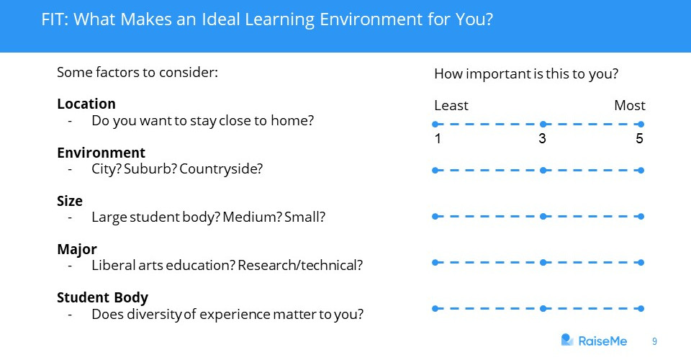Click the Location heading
click(x=86, y=104)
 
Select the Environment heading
click(x=101, y=153)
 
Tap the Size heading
click(x=70, y=202)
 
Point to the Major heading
click(x=77, y=250)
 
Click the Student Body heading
click(x=102, y=298)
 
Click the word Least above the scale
click(x=451, y=106)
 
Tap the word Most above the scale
click(x=630, y=106)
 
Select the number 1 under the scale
click(x=438, y=139)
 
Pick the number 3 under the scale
click(x=543, y=139)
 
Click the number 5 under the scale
click(x=639, y=139)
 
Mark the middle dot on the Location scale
click(x=543, y=125)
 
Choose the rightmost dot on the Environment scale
click(x=641, y=171)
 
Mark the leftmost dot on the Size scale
click(x=435, y=216)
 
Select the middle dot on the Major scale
click(x=543, y=263)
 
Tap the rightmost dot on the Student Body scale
click(x=641, y=309)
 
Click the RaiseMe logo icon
click(x=567, y=340)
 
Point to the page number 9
click(x=654, y=341)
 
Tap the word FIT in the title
click(x=54, y=19)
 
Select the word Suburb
click(x=150, y=169)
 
